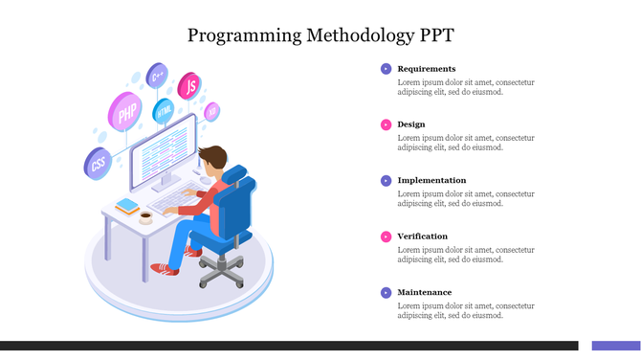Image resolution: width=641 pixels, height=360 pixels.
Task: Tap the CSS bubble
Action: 98,164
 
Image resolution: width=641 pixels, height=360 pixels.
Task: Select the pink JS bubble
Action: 190,86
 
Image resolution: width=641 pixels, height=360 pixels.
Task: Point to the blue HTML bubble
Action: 164,111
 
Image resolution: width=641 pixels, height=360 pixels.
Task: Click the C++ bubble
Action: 157,75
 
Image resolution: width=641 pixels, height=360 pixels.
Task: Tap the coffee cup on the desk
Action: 145,217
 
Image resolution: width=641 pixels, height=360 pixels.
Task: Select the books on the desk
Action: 127,205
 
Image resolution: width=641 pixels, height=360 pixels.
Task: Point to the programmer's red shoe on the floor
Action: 166,270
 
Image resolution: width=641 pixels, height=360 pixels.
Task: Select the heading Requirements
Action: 426,69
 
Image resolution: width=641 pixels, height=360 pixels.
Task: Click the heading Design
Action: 411,124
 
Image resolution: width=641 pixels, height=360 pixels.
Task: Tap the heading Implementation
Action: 431,180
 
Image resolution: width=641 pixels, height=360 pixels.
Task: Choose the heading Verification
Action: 422,236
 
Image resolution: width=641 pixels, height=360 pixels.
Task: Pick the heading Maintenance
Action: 424,292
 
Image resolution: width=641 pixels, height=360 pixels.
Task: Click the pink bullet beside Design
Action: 386,124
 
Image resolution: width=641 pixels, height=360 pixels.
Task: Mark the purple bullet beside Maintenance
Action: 386,292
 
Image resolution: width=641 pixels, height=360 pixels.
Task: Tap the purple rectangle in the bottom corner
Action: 615,346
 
